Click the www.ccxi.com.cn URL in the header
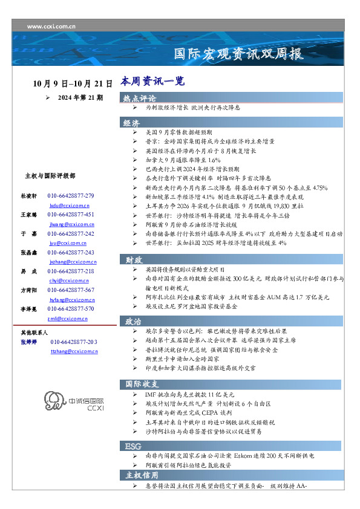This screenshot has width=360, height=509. pyautogui.click(x=51, y=27)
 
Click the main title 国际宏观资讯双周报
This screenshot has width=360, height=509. pyautogui.click(x=238, y=53)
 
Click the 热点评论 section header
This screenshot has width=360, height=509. pyautogui.click(x=140, y=98)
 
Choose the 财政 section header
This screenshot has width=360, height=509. pyautogui.click(x=134, y=260)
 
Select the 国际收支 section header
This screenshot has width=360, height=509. pyautogui.click(x=142, y=384)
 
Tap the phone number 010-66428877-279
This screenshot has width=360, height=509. pyautogui.click(x=71, y=196)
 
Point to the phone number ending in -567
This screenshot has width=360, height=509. pyautogui.click(x=71, y=290)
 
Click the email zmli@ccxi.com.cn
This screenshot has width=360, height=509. pyautogui.click(x=67, y=318)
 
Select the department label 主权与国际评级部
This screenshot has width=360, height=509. pyautogui.click(x=50, y=176)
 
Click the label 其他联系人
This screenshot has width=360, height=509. pyautogui.click(x=34, y=332)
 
